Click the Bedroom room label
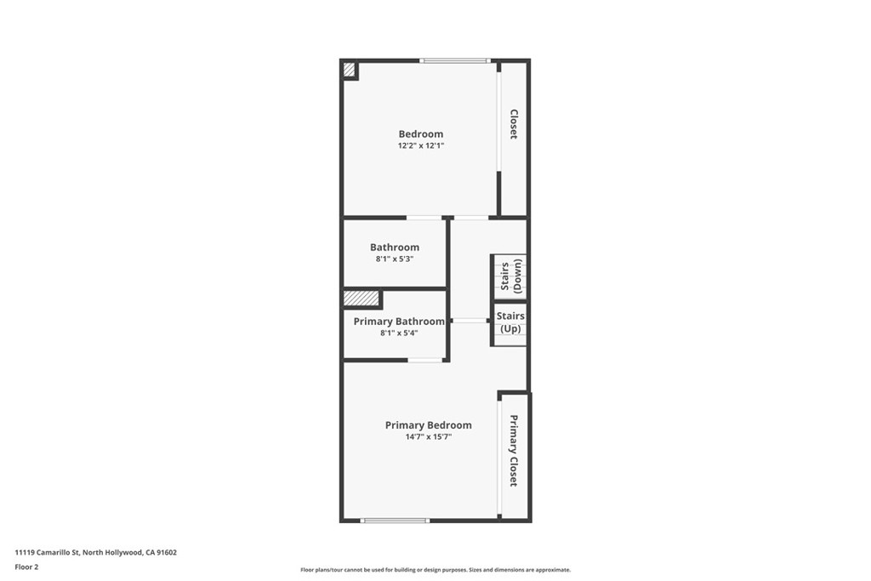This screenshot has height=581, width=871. click(x=421, y=134)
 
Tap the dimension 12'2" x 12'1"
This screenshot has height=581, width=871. click(x=421, y=145)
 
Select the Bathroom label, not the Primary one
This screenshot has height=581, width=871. click(x=395, y=248)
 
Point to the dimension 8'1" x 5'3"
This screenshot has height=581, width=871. click(x=395, y=259)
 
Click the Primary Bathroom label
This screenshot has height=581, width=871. click(x=399, y=322)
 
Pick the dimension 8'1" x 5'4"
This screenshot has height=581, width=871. click(x=399, y=333)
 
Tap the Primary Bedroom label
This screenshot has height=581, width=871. click(x=429, y=425)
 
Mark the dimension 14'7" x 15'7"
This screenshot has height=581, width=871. click(x=429, y=436)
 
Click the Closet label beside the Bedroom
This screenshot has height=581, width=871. click(x=514, y=124)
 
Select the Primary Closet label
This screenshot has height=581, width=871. click(x=514, y=451)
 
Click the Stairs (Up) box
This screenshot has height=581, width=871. click(x=510, y=322)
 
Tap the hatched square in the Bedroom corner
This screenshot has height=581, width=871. click(x=349, y=70)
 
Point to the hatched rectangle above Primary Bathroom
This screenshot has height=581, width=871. click(x=361, y=299)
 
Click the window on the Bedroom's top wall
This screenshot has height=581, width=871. click(x=455, y=60)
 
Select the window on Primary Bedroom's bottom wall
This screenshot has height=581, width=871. click(x=395, y=520)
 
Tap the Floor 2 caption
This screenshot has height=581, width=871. click(x=27, y=566)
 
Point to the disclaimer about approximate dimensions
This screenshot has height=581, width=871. click(x=435, y=570)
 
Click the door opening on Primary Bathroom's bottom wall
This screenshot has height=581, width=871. click(x=424, y=360)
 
